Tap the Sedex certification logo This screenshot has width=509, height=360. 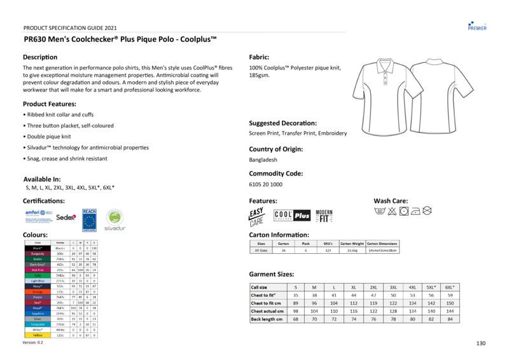click(66, 217)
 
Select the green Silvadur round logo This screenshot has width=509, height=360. click(114, 218)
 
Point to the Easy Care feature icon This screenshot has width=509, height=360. click(256, 217)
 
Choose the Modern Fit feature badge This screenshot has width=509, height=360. click(324, 216)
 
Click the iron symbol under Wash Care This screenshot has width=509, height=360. click(415, 210)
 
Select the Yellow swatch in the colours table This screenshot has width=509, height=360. click(38, 336)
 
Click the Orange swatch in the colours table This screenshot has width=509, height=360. click(38, 292)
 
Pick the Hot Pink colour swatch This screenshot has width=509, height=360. click(38, 270)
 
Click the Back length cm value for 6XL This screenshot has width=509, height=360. click(450, 319)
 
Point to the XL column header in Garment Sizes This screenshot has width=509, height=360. click(354, 287)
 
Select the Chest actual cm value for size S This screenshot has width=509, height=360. click(295, 311)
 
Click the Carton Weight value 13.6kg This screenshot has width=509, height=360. click(352, 251)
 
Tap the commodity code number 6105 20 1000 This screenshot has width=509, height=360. click(266, 184)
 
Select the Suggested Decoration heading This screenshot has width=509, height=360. click(282, 123)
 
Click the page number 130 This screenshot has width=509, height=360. click(481, 343)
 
